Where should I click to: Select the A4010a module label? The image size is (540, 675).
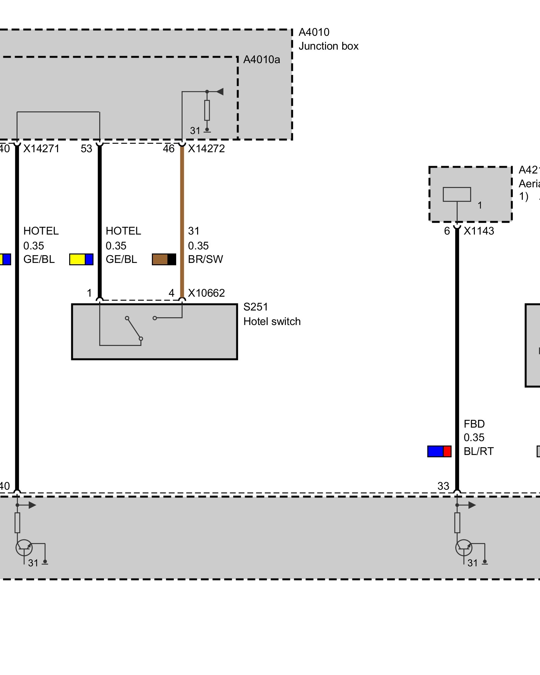262,60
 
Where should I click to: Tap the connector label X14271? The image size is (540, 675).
41,148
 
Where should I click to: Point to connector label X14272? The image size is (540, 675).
206,148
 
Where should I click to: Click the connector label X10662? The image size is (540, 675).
206,293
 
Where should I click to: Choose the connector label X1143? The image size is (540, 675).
479,231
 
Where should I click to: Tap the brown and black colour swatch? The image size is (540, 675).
164,259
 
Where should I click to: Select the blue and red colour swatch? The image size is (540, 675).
439,451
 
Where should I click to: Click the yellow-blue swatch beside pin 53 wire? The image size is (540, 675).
81,259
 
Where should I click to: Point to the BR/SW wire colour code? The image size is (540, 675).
205,259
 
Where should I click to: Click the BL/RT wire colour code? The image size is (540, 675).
478,451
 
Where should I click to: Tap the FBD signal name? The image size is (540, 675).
474,424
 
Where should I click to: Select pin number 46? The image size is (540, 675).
169,148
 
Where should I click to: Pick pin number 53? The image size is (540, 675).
86,148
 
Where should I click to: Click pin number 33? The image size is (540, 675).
443,486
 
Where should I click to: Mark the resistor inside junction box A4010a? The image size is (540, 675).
207,110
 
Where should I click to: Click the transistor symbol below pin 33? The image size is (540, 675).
464,547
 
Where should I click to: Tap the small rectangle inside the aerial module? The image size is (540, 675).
457,194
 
